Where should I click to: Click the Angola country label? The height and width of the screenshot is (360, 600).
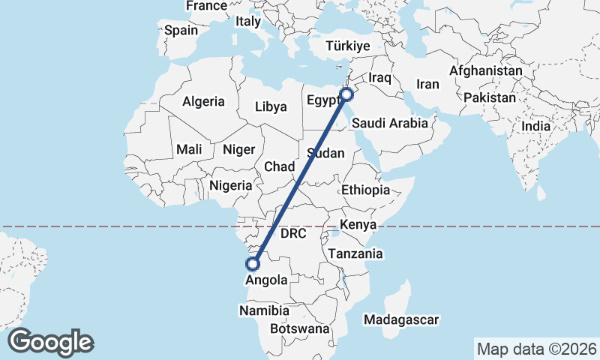coord(266,280)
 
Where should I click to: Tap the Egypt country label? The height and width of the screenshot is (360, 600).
coord(323,100)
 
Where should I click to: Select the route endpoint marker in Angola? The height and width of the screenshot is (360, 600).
coord(253,264)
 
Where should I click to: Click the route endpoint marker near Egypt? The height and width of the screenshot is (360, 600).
coord(346,94)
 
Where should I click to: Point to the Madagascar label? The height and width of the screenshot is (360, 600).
coord(400,320)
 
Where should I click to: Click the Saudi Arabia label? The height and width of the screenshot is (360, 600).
coord(390,123)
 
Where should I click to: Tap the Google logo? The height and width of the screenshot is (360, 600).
coord(50,342)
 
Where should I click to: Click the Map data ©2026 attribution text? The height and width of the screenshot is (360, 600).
coord(536,349)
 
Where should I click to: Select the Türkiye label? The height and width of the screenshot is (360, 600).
coord(349,46)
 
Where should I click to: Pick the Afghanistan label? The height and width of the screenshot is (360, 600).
coord(486,70)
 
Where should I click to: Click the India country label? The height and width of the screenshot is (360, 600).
coord(535,126)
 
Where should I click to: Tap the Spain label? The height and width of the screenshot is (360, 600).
coord(181,31)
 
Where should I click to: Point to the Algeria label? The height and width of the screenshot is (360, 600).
coord(203,101)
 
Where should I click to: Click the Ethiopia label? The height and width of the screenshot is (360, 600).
coord(365,190)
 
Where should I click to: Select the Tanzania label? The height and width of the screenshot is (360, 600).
coord(355,253)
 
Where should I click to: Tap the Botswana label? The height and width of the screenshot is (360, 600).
coord(299,328)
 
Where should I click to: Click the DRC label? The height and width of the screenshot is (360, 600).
coord(293,233)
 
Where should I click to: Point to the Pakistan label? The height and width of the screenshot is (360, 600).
coord(490,97)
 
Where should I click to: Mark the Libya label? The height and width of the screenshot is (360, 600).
coord(271,106)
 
